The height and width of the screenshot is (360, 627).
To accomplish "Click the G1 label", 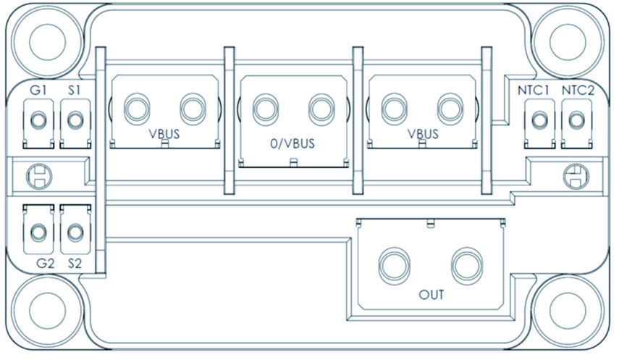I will [38, 91].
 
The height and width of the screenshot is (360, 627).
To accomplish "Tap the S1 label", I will [72, 91].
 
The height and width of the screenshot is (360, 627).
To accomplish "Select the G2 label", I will [46, 264].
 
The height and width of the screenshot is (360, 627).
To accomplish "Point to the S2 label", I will [75, 264].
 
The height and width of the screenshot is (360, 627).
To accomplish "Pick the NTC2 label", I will [576, 91].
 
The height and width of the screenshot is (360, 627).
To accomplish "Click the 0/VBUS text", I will [293, 143].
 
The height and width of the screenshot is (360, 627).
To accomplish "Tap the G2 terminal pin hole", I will [38, 232].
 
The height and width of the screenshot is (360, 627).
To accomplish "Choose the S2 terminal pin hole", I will [75, 232].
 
